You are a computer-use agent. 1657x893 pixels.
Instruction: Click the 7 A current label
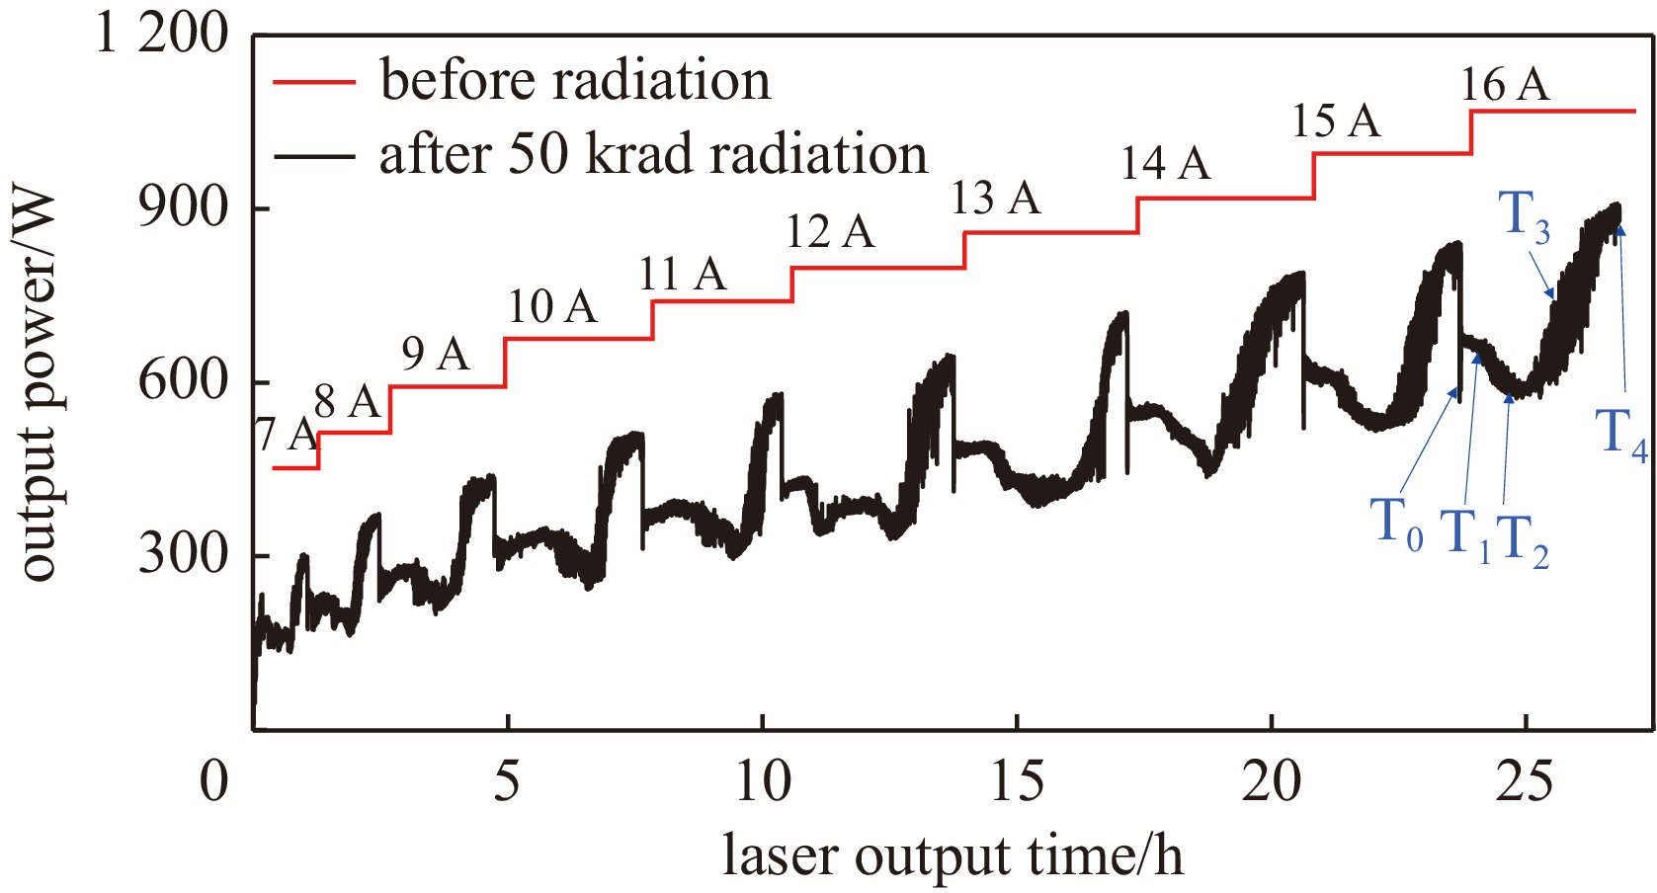click(x=286, y=434)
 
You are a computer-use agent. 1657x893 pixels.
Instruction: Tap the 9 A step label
click(x=435, y=354)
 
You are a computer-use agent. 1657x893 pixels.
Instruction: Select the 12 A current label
click(x=830, y=232)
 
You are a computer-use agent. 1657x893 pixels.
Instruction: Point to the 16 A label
click(x=1504, y=85)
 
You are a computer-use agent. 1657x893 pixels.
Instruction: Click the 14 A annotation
click(x=1165, y=163)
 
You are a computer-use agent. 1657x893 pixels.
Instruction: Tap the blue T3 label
click(x=1524, y=215)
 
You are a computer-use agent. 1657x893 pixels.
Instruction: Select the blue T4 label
click(x=1621, y=435)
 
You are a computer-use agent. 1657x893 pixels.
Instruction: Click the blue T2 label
click(x=1522, y=541)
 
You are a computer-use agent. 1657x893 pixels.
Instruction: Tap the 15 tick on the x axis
click(x=1017, y=782)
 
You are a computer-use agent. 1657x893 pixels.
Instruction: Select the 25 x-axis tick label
click(x=1526, y=782)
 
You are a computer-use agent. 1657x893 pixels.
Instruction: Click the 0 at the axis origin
click(x=214, y=782)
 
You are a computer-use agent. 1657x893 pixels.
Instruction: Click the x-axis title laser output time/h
click(x=953, y=855)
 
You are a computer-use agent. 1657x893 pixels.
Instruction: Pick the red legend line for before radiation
click(x=314, y=82)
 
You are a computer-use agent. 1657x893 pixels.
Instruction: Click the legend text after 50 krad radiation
click(x=653, y=155)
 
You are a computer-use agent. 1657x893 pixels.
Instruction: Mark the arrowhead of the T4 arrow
click(x=1619, y=228)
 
